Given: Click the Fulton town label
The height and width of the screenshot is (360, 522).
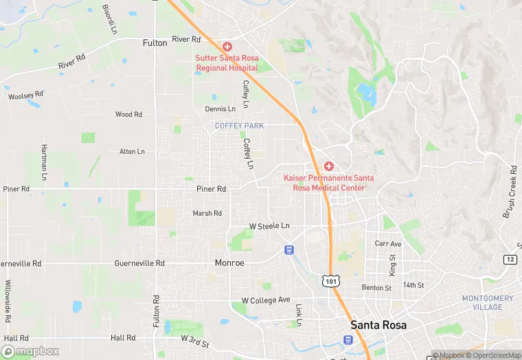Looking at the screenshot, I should coord(155,43).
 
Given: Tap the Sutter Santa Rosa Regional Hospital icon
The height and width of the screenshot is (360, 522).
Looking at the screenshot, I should coord(227,47).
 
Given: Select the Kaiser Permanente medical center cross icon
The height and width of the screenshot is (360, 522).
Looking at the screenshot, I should coord(328,167).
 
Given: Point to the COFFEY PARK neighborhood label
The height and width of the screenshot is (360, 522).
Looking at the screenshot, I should coord(239,126).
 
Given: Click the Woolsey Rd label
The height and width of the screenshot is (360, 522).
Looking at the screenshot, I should coord(25,95).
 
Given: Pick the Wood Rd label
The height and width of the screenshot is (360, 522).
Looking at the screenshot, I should coord(128,115).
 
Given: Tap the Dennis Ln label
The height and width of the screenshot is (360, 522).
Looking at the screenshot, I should coord(220,109).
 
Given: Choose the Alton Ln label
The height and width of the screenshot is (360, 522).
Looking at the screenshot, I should coord(133,151).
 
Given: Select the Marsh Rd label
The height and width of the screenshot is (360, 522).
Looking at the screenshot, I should coord(207,213).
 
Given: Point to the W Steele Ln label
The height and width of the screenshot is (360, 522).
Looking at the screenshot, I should coord(269,226).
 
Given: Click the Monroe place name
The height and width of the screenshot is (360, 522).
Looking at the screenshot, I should coord(229,262).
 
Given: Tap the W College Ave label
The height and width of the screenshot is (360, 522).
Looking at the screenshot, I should coord(266,300).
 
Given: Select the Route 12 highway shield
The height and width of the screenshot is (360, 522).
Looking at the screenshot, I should coord(510,259).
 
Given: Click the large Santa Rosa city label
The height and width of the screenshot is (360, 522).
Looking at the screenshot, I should coord(378,324).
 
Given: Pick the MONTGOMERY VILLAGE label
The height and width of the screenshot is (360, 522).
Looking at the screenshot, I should coord(487,302).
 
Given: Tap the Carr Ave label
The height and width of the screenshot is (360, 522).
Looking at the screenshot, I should coord(388,244).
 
